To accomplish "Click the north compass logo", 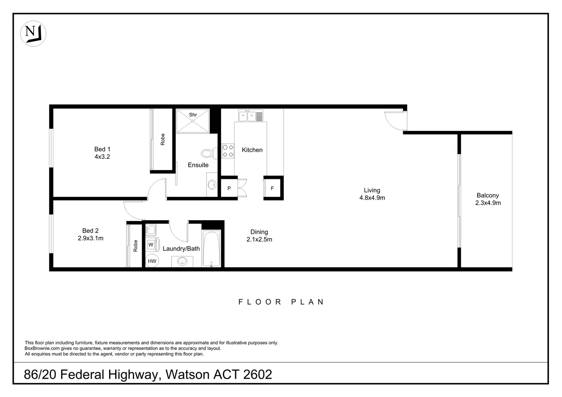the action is click(x=33, y=33).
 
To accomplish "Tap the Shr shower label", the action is click(x=193, y=115).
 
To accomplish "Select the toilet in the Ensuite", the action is click(x=209, y=153).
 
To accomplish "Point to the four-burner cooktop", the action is click(x=228, y=151).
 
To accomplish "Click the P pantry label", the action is click(x=229, y=188).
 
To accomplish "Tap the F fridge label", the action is click(x=272, y=188).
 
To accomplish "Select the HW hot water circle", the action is click(x=152, y=261).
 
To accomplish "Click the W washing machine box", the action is click(x=151, y=244).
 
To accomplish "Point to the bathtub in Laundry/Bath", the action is click(x=211, y=249).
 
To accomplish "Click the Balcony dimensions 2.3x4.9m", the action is click(x=488, y=203).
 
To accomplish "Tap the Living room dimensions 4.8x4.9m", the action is click(x=372, y=198).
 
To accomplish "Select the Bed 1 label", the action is click(x=102, y=149).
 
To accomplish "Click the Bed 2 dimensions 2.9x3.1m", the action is click(x=90, y=238).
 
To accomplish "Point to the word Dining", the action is click(x=259, y=232).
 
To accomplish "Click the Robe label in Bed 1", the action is click(x=163, y=139).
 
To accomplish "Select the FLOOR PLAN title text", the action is click(x=281, y=302).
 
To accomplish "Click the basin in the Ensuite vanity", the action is click(x=212, y=185).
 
